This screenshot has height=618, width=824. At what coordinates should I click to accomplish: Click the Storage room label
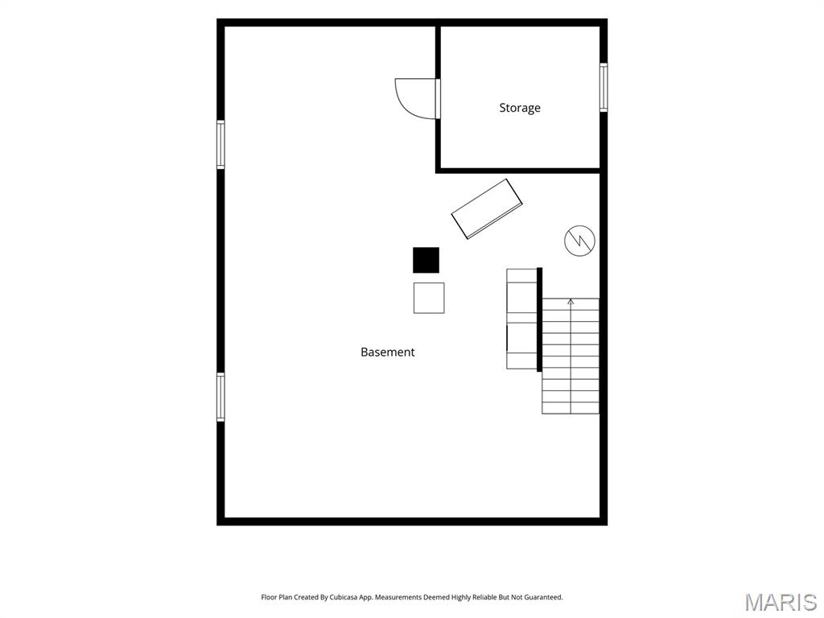tap(520, 108)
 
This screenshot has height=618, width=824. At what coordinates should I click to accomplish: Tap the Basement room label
tap(387, 352)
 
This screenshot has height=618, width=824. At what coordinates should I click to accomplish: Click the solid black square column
tap(426, 260)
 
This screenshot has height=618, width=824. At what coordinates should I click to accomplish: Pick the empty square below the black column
tap(429, 298)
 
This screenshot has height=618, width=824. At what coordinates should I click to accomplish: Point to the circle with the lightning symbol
tap(579, 241)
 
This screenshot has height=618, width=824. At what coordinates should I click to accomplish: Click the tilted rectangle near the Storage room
tap(487, 208)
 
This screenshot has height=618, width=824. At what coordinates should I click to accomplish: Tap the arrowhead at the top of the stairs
tap(571, 302)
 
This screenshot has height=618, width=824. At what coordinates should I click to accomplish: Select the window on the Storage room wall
tap(604, 87)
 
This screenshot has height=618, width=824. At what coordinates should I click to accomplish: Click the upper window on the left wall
tap(220, 145)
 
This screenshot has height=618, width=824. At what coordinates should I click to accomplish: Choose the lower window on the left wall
tap(220, 398)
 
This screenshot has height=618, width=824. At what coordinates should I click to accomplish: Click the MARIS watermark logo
tap(781, 602)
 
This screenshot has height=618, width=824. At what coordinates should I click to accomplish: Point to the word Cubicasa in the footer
tap(343, 597)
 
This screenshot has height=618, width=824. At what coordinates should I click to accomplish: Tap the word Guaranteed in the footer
tap(544, 597)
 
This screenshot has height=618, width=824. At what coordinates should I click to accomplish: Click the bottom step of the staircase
tap(571, 408)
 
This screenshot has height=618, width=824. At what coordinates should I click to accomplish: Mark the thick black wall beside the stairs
tap(539, 319)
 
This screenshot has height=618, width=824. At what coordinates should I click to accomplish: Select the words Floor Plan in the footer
tap(277, 597)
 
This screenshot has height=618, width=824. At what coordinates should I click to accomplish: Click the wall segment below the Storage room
tap(517, 171)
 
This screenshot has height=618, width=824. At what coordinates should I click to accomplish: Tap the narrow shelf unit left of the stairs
tap(521, 319)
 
